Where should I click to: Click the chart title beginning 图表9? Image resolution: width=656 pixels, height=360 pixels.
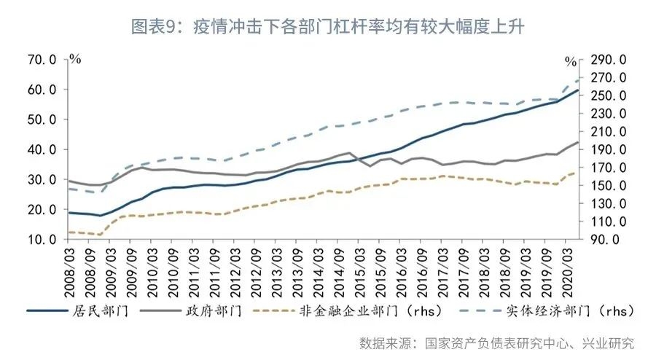coord(327,27)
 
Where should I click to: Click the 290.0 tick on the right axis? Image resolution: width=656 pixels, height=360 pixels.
coord(611,60)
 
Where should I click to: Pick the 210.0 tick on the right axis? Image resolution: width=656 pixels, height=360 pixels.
coord(611,131)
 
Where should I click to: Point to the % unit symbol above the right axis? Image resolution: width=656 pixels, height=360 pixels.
coord(571,60)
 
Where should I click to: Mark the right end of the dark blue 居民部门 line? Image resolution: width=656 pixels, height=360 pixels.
coord(578,90)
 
